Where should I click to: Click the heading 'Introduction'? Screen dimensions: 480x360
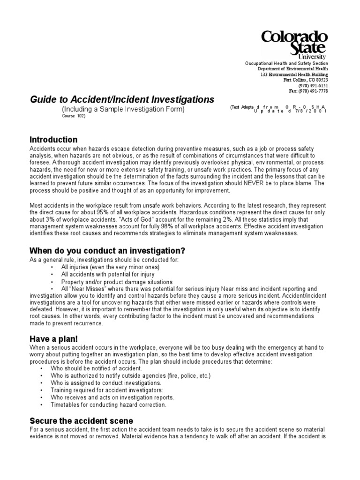[53, 140]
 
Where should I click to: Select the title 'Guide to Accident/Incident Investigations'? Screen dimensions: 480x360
[122, 99]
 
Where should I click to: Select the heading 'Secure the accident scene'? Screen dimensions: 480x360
[82, 420]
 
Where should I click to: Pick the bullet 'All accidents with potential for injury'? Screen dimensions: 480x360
[107, 274]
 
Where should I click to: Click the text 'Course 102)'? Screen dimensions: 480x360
[75, 117]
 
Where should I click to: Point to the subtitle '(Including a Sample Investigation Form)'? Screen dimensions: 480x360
[124, 109]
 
